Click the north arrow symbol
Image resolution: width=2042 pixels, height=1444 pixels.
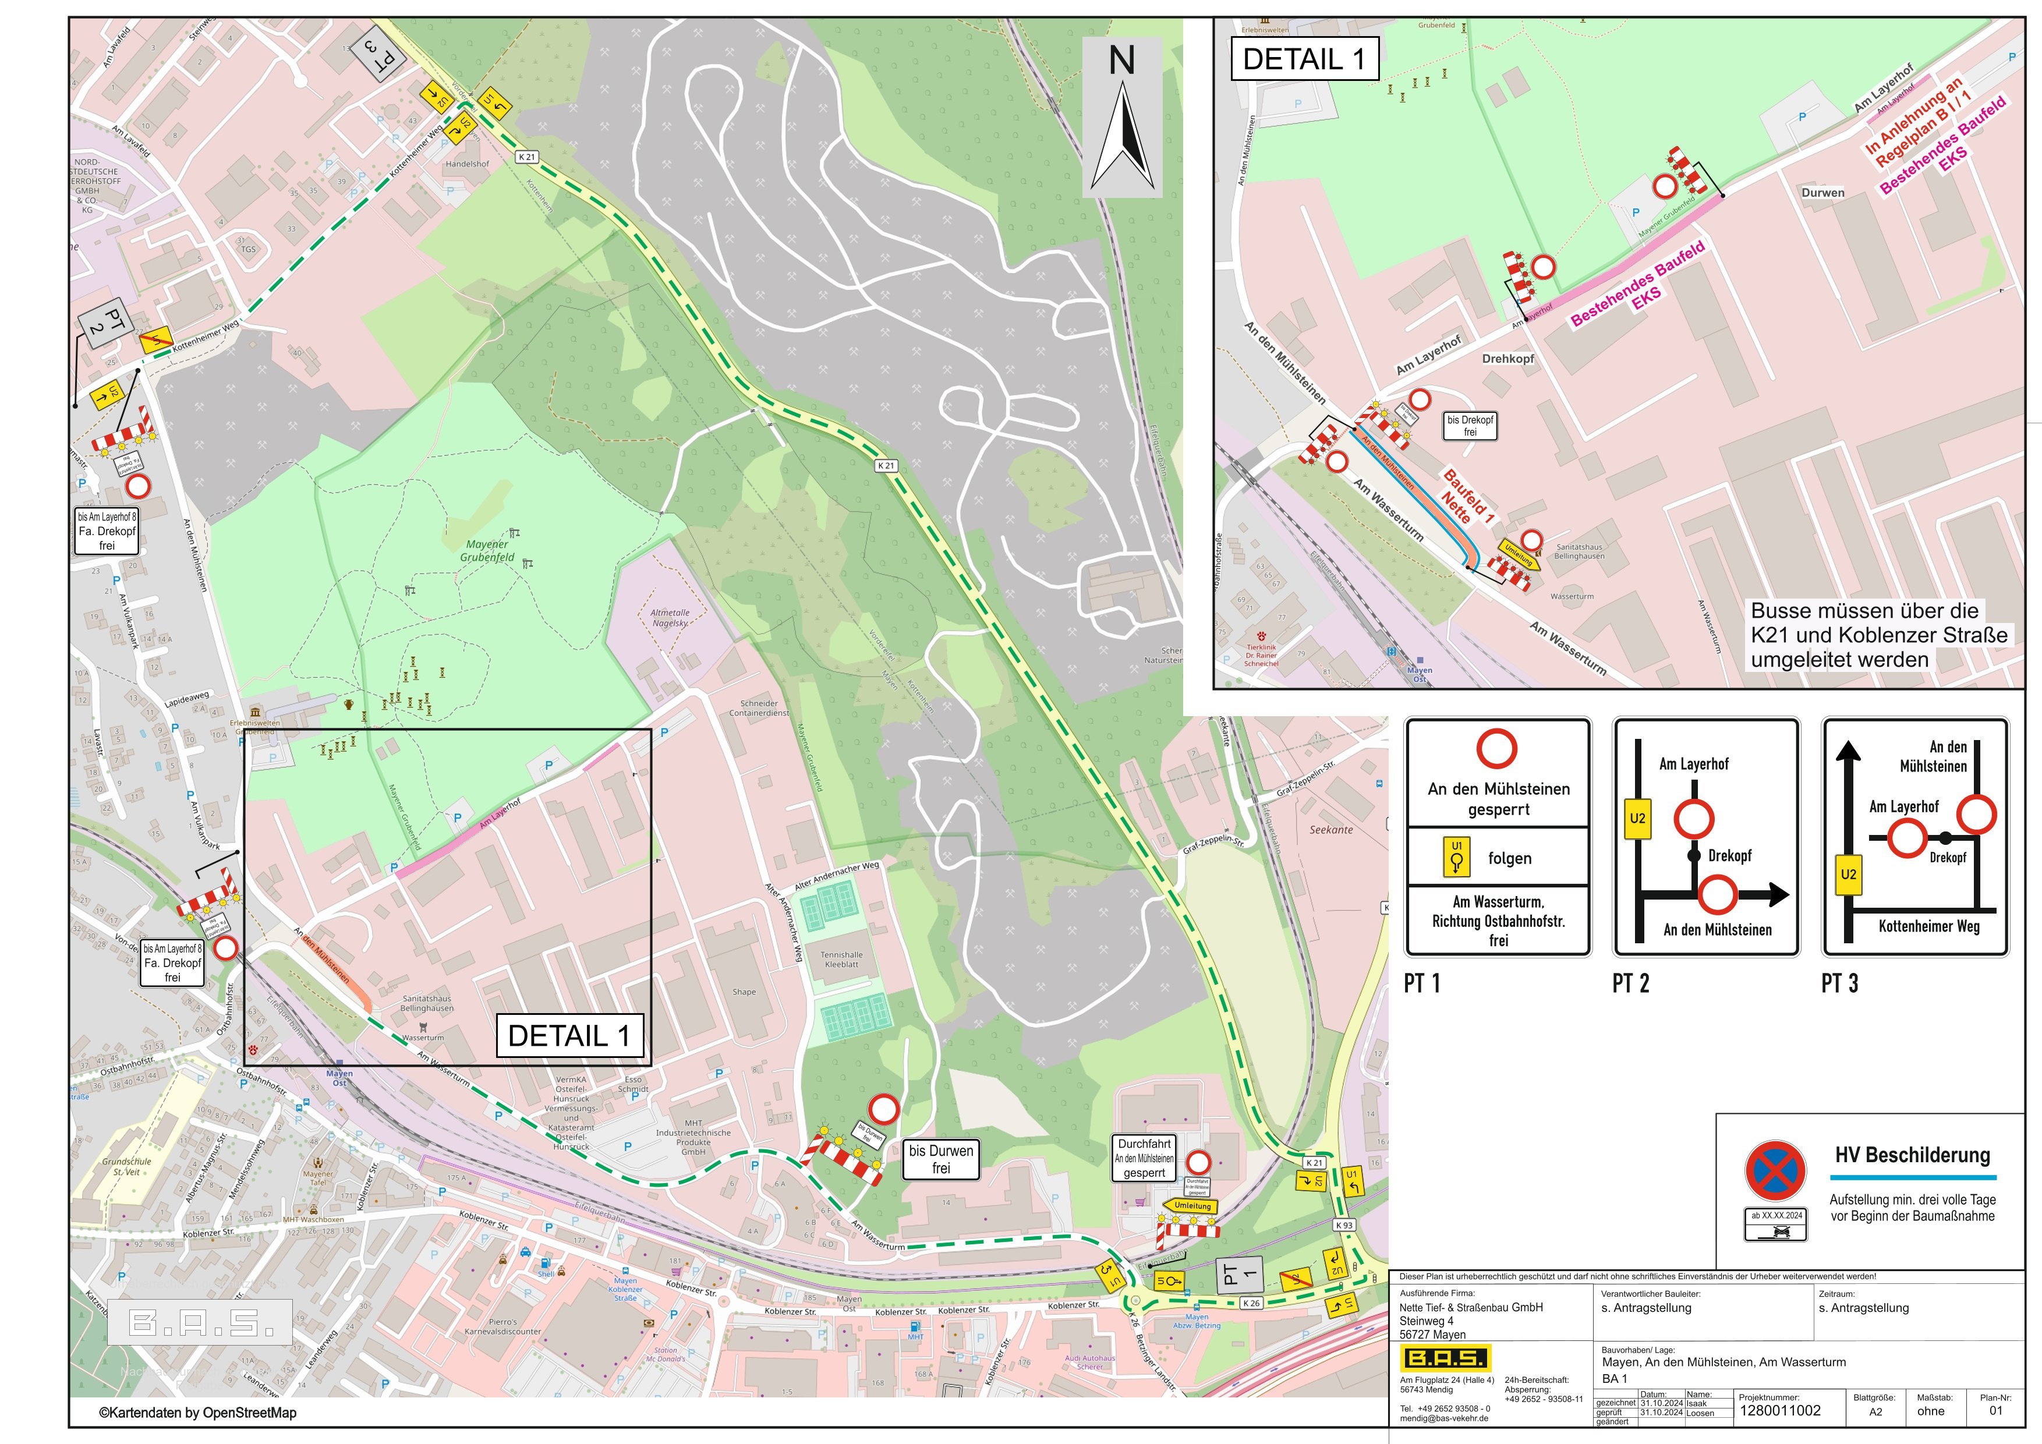tap(1123, 133)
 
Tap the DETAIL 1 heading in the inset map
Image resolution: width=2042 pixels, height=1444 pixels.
tap(1304, 59)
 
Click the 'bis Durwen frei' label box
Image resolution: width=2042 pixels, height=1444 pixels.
tap(940, 1159)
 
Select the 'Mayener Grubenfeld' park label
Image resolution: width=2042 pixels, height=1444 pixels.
tap(487, 550)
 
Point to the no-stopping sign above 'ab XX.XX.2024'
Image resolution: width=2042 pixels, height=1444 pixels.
tap(1775, 1171)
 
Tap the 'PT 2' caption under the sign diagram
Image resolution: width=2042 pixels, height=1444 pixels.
tap(1630, 983)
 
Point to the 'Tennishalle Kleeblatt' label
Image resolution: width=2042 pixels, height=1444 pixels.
tap(841, 960)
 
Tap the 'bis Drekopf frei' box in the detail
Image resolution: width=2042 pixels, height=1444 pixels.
tap(1470, 426)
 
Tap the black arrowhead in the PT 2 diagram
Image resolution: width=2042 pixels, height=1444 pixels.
tap(1779, 894)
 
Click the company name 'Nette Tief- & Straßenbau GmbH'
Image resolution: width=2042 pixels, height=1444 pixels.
tap(1471, 1307)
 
